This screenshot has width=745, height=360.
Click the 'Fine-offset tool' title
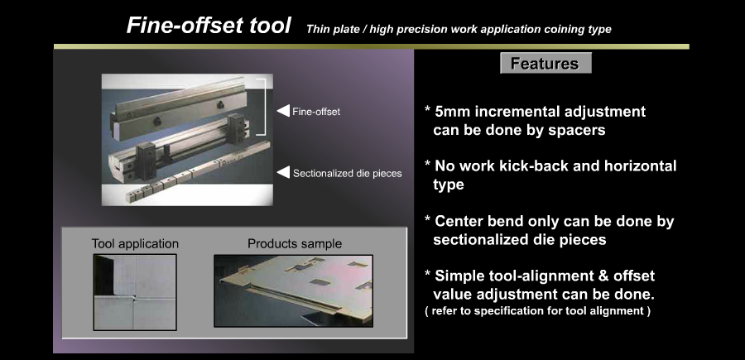point(208,25)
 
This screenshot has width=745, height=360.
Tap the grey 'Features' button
point(546,63)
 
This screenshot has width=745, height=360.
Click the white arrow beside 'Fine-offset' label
point(283,111)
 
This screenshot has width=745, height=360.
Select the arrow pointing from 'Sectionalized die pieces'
point(283,172)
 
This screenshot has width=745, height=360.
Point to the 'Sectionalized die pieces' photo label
point(348,173)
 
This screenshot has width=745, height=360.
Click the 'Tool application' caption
point(135,243)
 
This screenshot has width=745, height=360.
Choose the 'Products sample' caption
point(295,243)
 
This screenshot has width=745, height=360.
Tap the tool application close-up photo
point(135,292)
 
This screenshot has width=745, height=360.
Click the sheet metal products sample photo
point(293,290)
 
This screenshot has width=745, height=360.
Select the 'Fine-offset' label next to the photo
point(316,112)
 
